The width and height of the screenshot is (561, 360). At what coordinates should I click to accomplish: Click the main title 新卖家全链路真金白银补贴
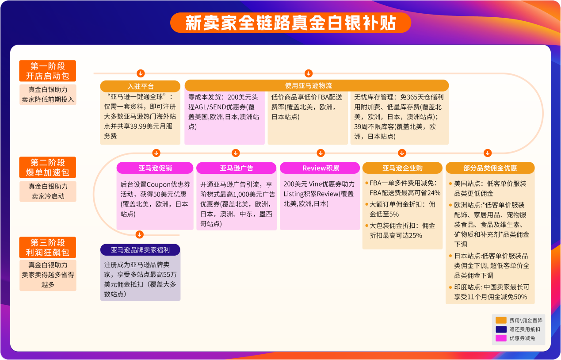pos(290,23)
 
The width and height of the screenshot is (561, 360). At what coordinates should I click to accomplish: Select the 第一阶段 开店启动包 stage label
pos(48,71)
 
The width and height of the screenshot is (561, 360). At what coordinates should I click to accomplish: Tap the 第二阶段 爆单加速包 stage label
pos(48,167)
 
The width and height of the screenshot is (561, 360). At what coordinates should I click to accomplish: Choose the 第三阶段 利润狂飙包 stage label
pos(48,248)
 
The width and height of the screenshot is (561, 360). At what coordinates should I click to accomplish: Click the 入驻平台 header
pos(140,86)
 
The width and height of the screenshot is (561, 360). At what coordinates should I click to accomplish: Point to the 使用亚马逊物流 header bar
pos(316,86)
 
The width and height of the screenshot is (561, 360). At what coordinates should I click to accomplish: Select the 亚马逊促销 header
pos(155,168)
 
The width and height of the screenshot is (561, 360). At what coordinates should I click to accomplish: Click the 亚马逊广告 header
pos(236,168)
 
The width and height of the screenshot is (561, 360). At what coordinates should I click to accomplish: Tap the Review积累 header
pos(321,168)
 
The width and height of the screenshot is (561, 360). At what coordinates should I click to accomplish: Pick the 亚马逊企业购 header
pos(402,168)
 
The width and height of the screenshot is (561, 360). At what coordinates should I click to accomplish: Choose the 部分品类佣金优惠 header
pos(490,168)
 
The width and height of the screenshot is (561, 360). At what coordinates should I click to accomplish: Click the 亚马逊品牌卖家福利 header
pos(140,250)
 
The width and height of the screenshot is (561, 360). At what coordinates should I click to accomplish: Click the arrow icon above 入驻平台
pos(140,73)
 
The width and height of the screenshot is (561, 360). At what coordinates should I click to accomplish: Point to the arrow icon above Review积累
pos(321,153)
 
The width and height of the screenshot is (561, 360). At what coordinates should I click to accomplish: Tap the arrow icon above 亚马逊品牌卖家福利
pos(140,234)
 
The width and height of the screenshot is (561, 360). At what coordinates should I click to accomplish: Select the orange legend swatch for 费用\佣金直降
pos(501,320)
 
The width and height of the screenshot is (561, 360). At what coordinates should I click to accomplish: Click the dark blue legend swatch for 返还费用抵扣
pos(501,329)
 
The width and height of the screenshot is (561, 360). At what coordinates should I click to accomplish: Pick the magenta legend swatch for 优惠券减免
pos(501,338)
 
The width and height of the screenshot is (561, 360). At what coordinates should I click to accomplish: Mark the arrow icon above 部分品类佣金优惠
pos(487,153)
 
